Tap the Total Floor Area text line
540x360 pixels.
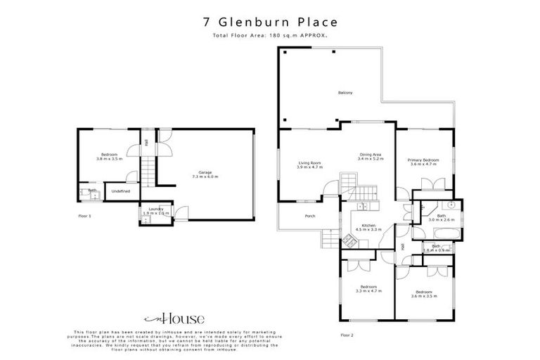269,36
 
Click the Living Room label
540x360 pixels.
309,165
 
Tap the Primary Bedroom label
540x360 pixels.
424,162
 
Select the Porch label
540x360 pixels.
309,216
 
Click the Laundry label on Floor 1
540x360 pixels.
156,210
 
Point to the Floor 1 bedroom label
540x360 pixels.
109,156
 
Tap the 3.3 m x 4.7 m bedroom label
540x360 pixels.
368,288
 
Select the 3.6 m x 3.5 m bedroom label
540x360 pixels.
424,294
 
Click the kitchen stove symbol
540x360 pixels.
348,239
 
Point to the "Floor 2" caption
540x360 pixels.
346,335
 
